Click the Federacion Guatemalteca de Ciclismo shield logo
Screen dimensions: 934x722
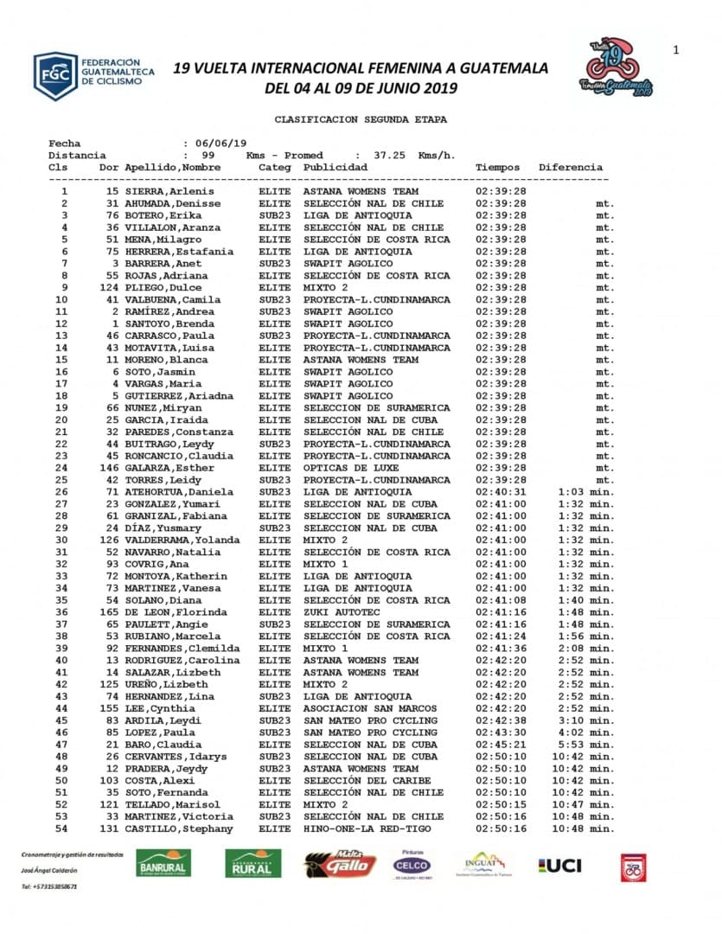pyautogui.click(x=55, y=76)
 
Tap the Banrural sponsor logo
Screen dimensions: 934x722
pyautogui.click(x=163, y=863)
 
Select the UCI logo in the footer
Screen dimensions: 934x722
pyautogui.click(x=560, y=865)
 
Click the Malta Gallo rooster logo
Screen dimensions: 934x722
pyautogui.click(x=340, y=864)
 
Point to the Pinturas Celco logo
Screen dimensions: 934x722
pyautogui.click(x=412, y=863)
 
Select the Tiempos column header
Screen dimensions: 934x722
pyautogui.click(x=498, y=167)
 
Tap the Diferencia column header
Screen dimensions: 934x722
pyautogui.click(x=571, y=167)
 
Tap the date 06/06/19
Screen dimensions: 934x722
pyautogui.click(x=221, y=144)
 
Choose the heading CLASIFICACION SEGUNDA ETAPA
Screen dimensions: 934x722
pyautogui.click(x=361, y=119)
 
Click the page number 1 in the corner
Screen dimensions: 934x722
pyautogui.click(x=676, y=50)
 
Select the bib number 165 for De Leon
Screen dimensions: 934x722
pyautogui.click(x=109, y=612)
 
